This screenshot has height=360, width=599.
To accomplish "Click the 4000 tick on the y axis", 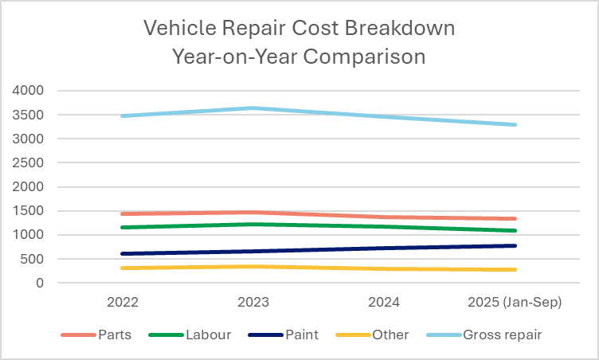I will (x=27, y=91).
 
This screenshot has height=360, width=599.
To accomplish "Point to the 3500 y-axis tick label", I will (x=27, y=115).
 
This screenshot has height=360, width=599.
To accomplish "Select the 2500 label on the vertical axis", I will (x=27, y=162).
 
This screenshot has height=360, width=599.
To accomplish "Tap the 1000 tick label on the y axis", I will (x=27, y=235).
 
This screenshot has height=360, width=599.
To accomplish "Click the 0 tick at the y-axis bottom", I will (x=37, y=283).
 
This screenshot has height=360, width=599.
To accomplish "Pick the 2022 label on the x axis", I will (x=122, y=303).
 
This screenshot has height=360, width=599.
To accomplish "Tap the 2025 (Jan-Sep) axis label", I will (x=515, y=303).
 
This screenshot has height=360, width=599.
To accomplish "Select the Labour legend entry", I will (x=206, y=335).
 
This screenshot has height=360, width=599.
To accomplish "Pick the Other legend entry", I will (x=390, y=335).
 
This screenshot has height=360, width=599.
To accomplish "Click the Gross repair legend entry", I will (x=502, y=335).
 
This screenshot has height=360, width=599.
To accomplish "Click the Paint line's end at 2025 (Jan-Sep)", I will (x=515, y=245).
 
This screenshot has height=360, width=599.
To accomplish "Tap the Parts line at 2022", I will (x=122, y=213).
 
